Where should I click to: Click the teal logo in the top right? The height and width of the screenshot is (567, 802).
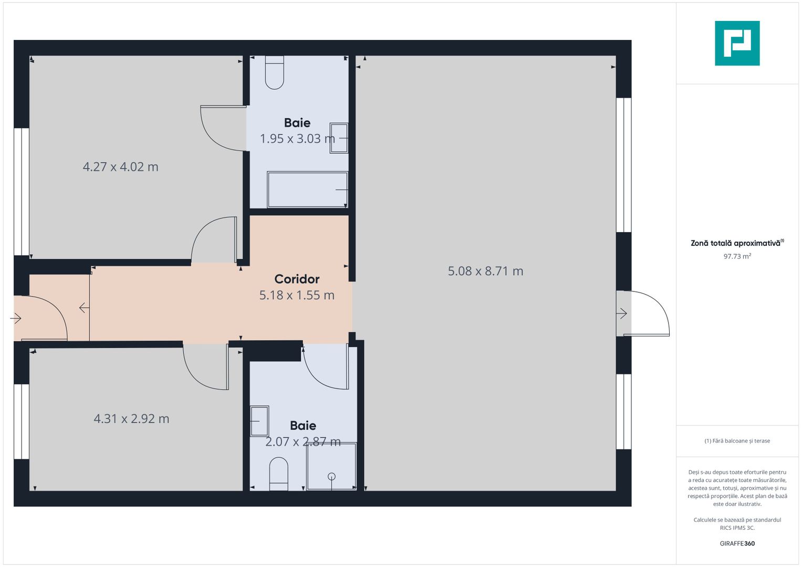pos(737,43)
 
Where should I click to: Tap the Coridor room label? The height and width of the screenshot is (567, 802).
pos(297,279)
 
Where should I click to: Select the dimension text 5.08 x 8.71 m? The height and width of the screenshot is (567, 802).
pos(485,271)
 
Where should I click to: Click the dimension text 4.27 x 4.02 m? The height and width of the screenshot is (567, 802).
pos(121,167)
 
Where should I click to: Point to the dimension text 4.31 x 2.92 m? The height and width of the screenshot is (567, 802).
pos(131,418)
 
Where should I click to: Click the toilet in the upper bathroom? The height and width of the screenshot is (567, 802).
pos(275,72)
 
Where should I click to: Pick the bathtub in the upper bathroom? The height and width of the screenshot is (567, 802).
pos(308,190)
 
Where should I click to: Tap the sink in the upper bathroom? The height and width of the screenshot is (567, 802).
pos(339,138)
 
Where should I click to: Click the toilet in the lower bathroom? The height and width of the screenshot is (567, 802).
pos(278,474)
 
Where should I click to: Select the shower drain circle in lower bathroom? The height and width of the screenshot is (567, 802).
pos(331,477)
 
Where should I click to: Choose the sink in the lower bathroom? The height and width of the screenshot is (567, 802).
pos(259,421)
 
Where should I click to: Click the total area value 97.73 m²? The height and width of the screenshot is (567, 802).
pos(737,256)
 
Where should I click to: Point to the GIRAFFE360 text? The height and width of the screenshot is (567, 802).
pos(737,543)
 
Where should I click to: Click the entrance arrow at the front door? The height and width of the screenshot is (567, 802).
pos(16,318)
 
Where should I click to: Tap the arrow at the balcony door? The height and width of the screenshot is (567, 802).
pos(621,313)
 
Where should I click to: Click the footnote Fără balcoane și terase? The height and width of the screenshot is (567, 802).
pos(737,441)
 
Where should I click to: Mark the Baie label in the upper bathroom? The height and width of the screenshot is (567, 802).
pos(297,123)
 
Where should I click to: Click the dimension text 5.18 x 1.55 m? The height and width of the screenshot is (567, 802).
pos(297,295)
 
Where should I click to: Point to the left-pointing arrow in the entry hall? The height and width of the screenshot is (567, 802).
pos(84,308)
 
